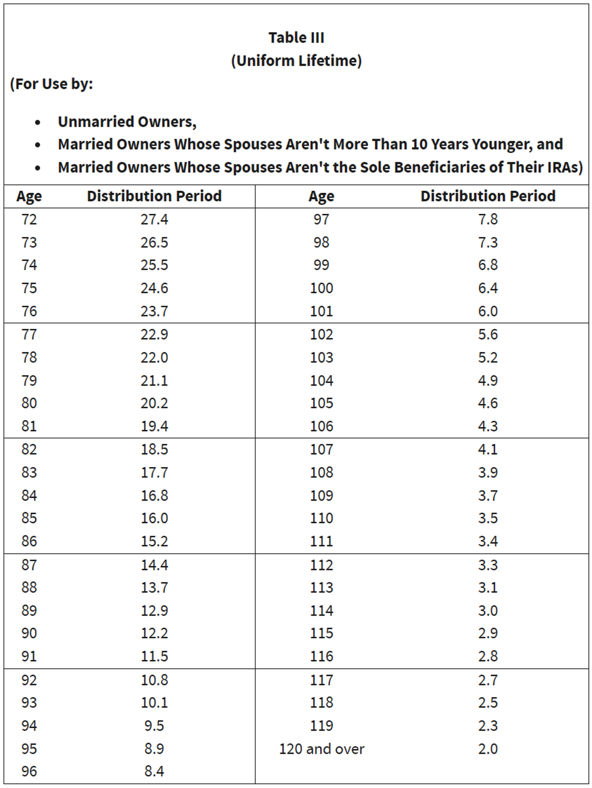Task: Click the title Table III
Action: [x=297, y=38]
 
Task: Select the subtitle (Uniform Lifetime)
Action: [x=297, y=60]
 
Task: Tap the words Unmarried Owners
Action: [x=127, y=122]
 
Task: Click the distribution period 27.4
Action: [x=154, y=220]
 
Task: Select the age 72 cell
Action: [x=29, y=220]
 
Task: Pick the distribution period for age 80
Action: [x=154, y=403]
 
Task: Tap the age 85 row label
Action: [x=29, y=518]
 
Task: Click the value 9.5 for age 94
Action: [x=154, y=725]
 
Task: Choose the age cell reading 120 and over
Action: [x=322, y=749]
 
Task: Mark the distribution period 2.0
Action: [x=488, y=749]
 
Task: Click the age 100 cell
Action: [x=322, y=288]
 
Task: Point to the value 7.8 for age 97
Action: [x=488, y=220]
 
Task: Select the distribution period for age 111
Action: [x=488, y=541]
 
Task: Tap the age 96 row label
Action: [x=29, y=771]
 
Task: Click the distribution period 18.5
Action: [x=154, y=449]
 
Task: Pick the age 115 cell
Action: [x=322, y=633]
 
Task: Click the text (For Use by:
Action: [x=52, y=84]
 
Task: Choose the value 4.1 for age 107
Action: [x=488, y=449]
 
